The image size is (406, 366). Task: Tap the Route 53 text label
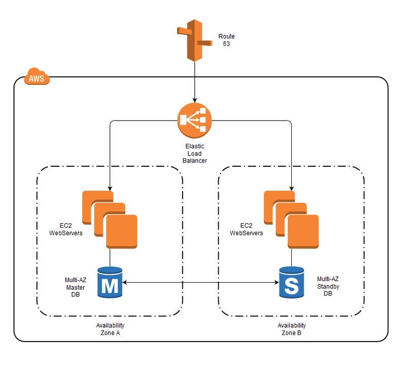pos(226,40)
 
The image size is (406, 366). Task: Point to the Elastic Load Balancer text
pos(194,154)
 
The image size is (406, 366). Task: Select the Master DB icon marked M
pos(110,283)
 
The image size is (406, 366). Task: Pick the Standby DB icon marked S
pos(291,283)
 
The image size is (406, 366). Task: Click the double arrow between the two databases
pos(200,283)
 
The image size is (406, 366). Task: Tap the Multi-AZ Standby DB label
pos(328,286)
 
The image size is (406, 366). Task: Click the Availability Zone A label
pos(110,329)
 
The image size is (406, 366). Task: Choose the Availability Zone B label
pos(291,329)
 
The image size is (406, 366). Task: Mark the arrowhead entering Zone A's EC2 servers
pos(110,188)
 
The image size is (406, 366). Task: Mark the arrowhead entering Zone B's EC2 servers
pos(291,188)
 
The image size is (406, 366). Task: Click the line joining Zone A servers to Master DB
pos(110,257)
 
